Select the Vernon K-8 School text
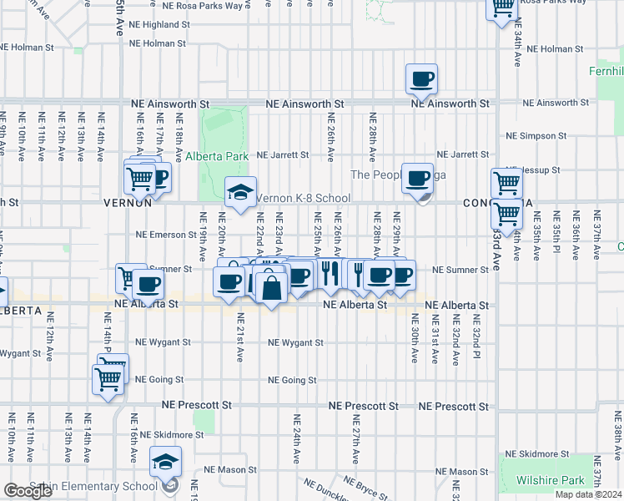[x=302, y=198]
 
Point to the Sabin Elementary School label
[x=81, y=486]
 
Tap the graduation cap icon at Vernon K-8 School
[x=239, y=193]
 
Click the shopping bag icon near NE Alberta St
[x=272, y=288]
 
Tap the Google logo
[x=28, y=491]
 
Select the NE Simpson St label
[x=536, y=135]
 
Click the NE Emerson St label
[x=165, y=235]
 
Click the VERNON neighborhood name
[x=127, y=203]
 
